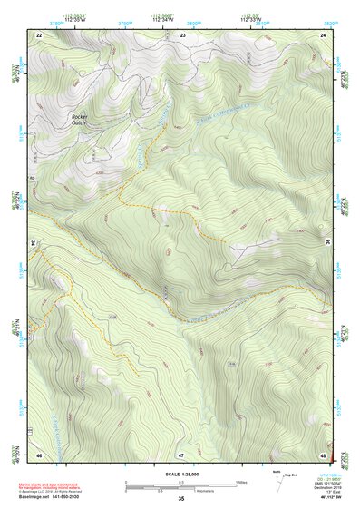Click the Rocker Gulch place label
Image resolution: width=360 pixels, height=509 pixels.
(82, 121)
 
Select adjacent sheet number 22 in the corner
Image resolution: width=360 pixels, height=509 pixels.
(39, 34)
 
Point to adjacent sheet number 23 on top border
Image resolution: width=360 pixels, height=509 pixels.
(183, 34)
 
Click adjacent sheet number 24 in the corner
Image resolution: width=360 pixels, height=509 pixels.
(324, 34)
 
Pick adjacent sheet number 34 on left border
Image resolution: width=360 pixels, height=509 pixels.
(34, 243)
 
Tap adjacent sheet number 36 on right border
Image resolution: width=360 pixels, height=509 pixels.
(327, 243)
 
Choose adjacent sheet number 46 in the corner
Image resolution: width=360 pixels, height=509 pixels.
(39, 453)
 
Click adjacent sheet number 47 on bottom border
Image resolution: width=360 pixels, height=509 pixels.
(181, 453)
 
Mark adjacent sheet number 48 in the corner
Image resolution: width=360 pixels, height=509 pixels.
(324, 453)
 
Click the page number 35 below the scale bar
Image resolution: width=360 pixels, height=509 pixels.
(181, 498)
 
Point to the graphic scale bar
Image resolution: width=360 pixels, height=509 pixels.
(181, 485)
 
